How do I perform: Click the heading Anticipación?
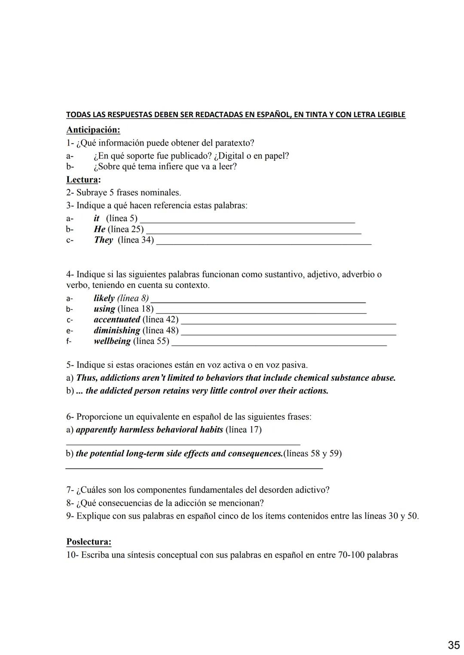[93, 130]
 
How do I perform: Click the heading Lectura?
[83, 180]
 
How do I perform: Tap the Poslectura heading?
[89, 542]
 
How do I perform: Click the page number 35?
[454, 645]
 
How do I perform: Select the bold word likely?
[104, 298]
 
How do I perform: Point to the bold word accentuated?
[117, 320]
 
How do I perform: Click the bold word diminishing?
[117, 331]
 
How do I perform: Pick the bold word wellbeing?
[112, 341]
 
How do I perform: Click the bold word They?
[104, 240]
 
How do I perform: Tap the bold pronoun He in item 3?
[100, 229]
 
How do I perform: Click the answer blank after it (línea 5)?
[247, 221]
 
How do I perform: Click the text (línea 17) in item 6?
[243, 430]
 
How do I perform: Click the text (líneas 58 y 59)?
[312, 454]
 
